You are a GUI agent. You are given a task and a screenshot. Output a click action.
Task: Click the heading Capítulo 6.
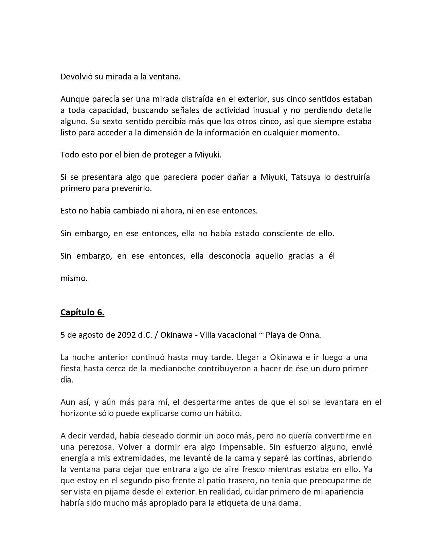pos(82,312)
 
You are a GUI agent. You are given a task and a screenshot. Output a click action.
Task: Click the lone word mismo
pos(74,278)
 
